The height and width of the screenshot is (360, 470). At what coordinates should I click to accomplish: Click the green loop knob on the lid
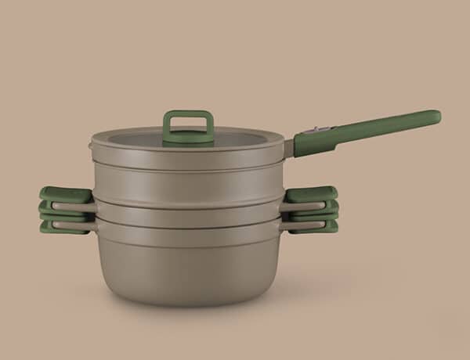(188, 114)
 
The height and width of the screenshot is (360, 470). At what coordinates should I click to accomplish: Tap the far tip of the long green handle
(435, 117)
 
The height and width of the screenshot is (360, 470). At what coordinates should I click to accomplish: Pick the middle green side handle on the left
(61, 210)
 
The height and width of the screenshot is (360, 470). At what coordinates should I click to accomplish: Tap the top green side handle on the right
(312, 193)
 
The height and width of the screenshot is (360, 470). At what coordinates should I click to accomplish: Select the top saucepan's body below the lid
(188, 176)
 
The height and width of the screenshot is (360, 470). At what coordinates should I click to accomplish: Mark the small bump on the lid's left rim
(91, 142)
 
